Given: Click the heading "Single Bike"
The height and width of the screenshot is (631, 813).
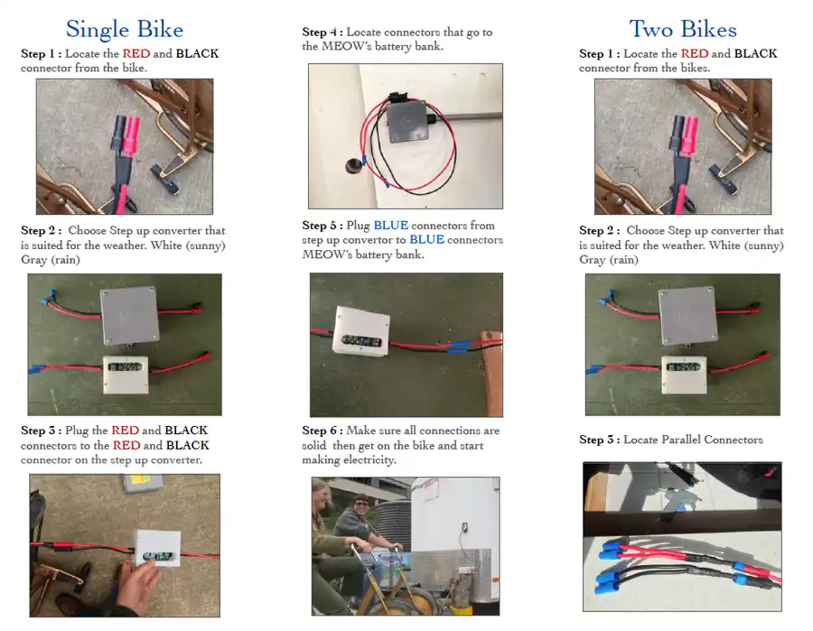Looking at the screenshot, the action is tap(125, 30).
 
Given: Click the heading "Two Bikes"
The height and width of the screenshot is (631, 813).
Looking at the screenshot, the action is tap(683, 29).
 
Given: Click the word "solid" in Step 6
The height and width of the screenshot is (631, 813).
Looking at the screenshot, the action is tap(314, 446).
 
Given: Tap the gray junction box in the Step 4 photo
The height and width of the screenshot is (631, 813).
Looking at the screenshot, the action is tap(408, 122).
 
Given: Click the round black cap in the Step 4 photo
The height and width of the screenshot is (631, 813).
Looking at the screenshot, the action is tap(353, 166).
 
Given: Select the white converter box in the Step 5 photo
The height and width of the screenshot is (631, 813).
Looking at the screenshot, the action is tap(361, 331).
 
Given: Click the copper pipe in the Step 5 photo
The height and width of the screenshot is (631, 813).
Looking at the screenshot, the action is tap(491, 373).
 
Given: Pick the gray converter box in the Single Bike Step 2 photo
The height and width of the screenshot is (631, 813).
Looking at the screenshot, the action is tap(129, 315).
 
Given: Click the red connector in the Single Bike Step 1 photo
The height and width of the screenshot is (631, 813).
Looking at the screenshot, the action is tap(130, 136).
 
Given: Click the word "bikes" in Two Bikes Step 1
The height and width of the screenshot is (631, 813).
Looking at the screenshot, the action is tap(693, 68).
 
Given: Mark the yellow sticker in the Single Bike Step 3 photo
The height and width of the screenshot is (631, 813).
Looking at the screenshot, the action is tap(141, 480).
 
